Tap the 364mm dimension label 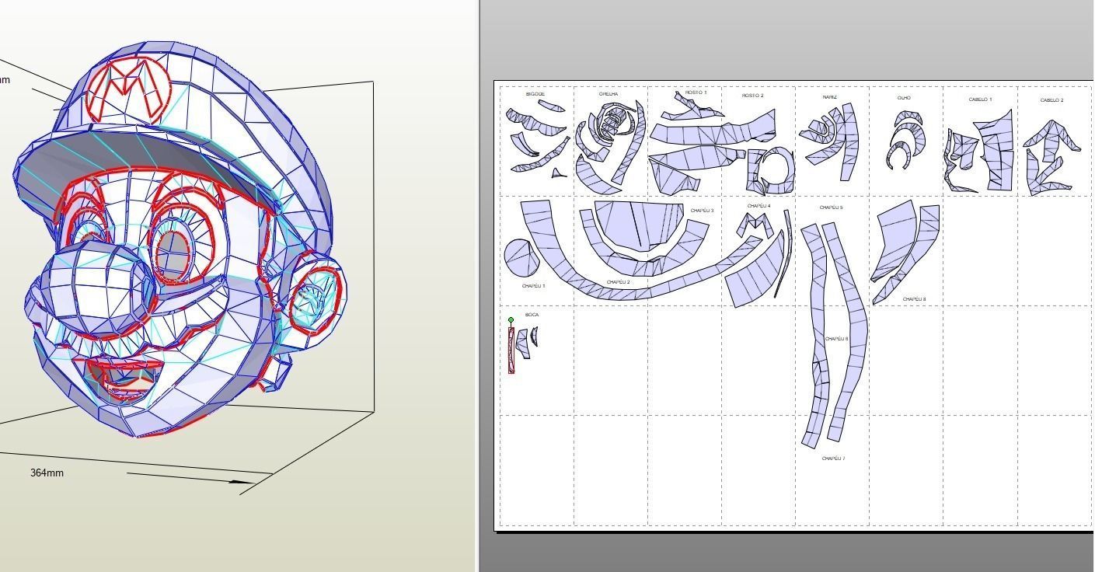[x=47, y=473]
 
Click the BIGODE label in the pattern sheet [x=535, y=94]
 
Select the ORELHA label [x=609, y=94]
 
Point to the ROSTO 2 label [x=752, y=96]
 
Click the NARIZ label [x=829, y=97]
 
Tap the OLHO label [x=904, y=98]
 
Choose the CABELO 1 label [x=980, y=99]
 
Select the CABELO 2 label [x=1051, y=100]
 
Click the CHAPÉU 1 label [x=533, y=286]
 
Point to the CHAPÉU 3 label [x=702, y=211]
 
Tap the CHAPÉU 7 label [x=833, y=459]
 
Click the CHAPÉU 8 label [x=914, y=299]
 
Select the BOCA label [x=532, y=315]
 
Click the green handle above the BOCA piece [x=511, y=320]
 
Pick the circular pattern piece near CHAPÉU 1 [x=521, y=257]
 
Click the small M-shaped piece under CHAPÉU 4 [x=755, y=224]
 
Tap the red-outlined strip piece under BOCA [x=511, y=351]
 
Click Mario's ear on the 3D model [x=313, y=301]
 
